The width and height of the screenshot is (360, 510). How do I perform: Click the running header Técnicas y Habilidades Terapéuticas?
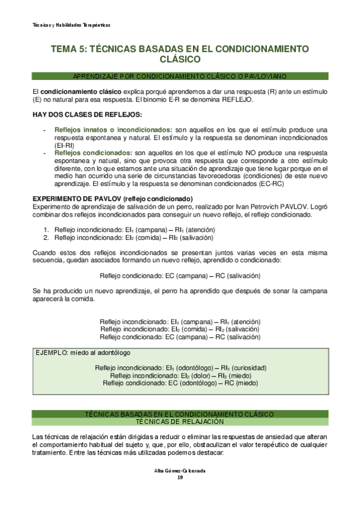click(71, 25)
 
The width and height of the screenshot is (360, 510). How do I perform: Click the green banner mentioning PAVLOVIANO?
click(180, 76)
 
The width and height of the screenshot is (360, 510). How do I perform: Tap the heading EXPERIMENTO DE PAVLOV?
click(112, 199)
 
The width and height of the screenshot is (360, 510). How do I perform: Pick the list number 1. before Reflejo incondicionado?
click(46, 230)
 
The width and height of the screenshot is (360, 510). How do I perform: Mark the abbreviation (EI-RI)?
click(64, 146)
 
